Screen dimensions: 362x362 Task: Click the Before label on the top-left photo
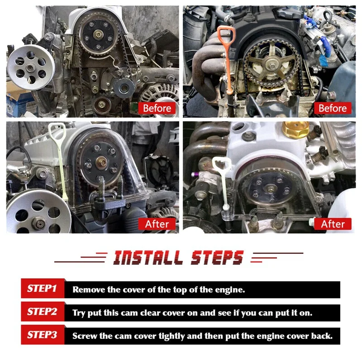tap(157, 108)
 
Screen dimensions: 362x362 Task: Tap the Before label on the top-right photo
tap(333, 108)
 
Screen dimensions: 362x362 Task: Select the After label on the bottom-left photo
tap(157, 224)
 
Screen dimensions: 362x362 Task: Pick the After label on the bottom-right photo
tap(333, 224)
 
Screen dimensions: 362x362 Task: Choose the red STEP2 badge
tap(42, 312)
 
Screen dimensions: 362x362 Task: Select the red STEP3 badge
tap(42, 335)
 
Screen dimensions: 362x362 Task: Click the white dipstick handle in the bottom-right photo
tap(222, 167)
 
